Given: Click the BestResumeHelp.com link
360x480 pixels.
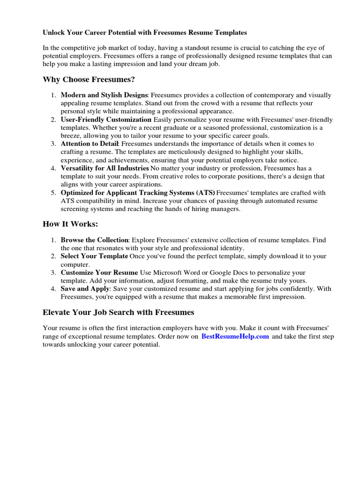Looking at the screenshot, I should (235, 337).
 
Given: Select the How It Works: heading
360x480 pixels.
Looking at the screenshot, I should (70, 224).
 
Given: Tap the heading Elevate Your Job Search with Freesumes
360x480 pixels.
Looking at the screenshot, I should (118, 312).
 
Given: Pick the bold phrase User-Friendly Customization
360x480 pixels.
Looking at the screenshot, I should (106, 120).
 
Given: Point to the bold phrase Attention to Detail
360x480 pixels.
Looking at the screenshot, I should (90, 143).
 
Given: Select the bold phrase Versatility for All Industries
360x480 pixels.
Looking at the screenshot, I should (105, 168).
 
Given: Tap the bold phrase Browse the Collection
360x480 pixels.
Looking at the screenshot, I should (95, 240).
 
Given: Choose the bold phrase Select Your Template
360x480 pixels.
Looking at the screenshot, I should (94, 256).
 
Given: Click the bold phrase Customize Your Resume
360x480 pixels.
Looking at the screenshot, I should (99, 272).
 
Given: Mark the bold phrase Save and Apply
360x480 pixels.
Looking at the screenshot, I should (85, 289).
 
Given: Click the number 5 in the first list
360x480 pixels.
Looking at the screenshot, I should (53, 192).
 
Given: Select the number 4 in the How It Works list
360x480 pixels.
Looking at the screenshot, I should (53, 289).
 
